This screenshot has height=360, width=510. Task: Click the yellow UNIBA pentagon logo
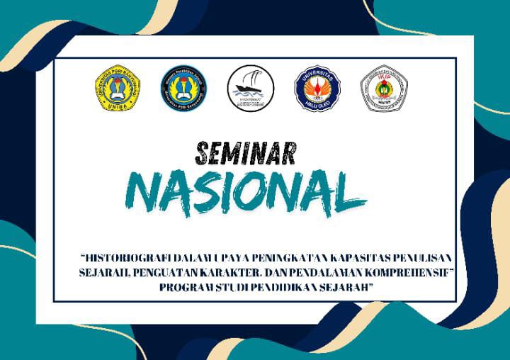pos(117,89)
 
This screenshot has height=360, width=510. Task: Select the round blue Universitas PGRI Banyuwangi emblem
pos(183,89)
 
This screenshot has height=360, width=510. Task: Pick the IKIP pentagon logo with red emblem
pos(383,89)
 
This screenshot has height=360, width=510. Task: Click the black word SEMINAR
pos(245,151)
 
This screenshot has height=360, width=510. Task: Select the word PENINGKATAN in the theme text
pos(276,256)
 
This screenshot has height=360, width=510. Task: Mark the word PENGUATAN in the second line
pos(161,271)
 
